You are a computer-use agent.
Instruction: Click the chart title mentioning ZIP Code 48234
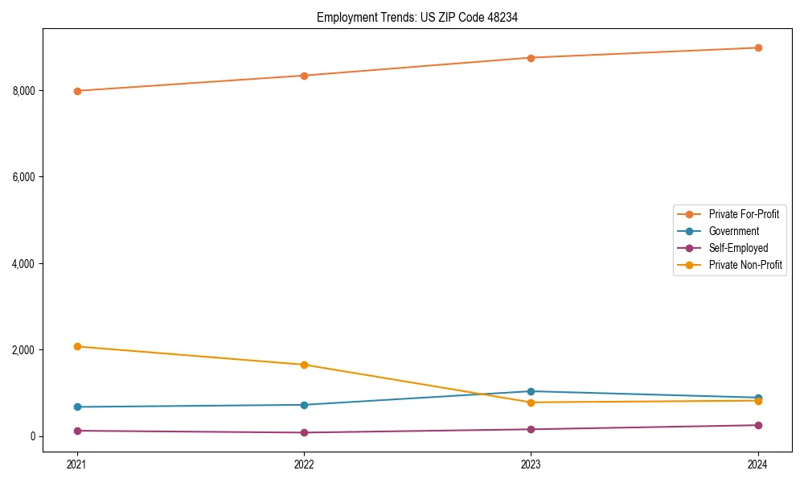coord(416,17)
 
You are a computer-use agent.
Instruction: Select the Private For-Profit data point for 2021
coord(77,91)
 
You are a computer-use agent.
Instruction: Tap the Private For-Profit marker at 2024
coord(758,47)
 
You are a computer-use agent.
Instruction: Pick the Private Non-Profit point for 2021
coord(77,346)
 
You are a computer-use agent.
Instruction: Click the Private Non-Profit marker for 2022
coord(304,365)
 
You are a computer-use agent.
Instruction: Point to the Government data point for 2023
coord(531,391)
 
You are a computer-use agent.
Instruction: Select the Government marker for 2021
coord(77,407)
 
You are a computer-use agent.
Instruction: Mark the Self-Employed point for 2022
coord(304,432)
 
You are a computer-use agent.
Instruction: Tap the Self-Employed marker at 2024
coord(758,425)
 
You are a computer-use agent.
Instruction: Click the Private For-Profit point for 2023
coord(531,58)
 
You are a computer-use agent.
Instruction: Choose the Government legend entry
coord(733,231)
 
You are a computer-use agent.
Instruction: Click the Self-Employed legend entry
coord(738,248)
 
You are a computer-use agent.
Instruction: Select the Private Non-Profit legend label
coord(745,265)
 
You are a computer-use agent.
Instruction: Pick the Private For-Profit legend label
coord(744,214)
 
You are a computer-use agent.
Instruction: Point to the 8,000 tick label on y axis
coord(23,91)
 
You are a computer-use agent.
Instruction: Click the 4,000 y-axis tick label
coord(23,264)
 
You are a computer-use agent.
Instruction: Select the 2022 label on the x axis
coord(304,464)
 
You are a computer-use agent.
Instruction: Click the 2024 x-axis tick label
coord(758,464)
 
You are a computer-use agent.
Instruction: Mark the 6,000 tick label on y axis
coord(23,177)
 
